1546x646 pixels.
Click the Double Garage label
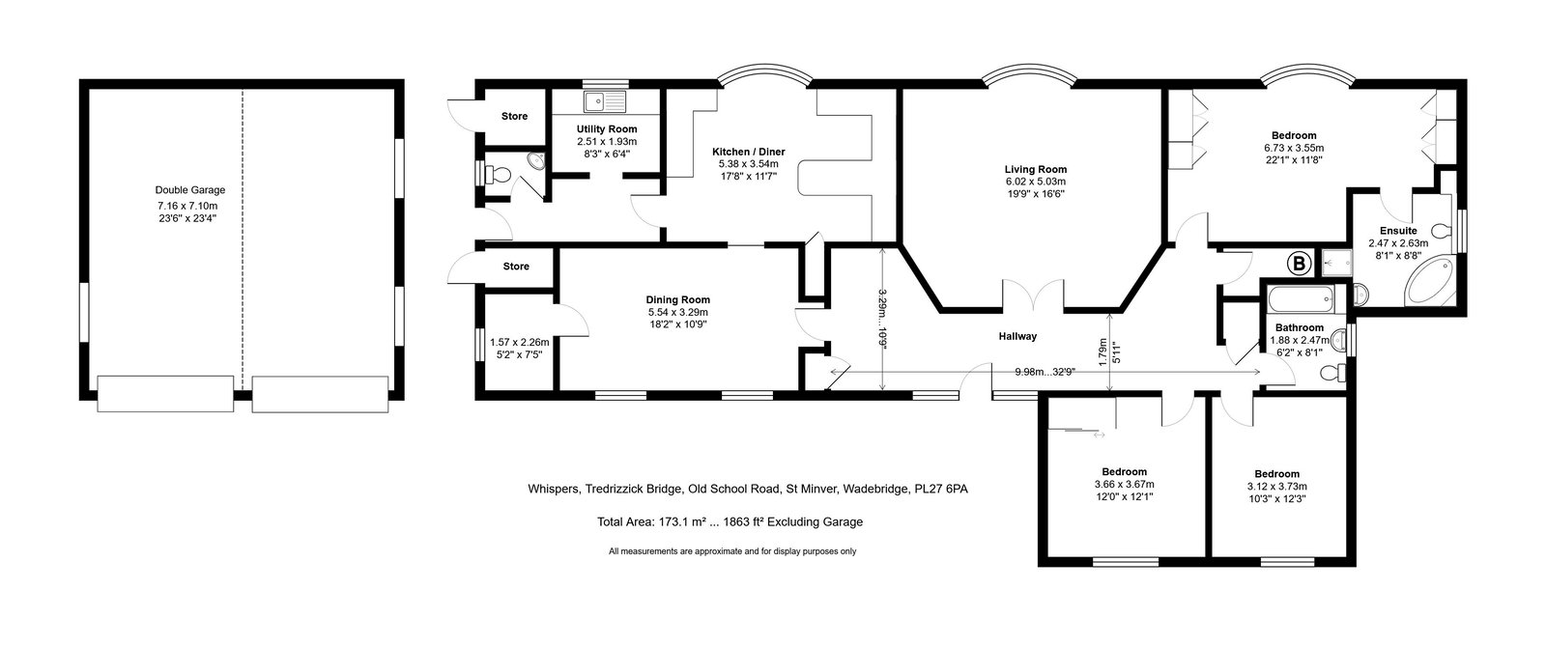coord(189,190)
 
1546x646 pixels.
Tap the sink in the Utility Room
coord(605,101)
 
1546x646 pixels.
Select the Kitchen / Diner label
coord(748,152)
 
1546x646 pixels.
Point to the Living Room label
coord(1035,169)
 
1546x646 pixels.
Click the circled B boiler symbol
coord(1299,264)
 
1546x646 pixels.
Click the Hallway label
coord(1017,336)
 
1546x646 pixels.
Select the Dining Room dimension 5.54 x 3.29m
coord(677,312)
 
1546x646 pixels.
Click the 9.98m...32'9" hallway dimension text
coord(1045,372)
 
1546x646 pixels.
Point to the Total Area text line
coord(730,521)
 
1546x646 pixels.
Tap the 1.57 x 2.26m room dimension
coord(519,342)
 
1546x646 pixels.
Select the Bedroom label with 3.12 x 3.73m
coord(1276,474)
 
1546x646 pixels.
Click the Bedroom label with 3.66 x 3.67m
coord(1125,471)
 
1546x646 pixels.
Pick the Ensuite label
coord(1398,231)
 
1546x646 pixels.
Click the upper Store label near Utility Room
coord(514,117)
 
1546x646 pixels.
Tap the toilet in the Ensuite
coord(1441,230)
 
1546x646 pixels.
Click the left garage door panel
coord(165,394)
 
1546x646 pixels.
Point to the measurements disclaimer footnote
coord(732,551)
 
